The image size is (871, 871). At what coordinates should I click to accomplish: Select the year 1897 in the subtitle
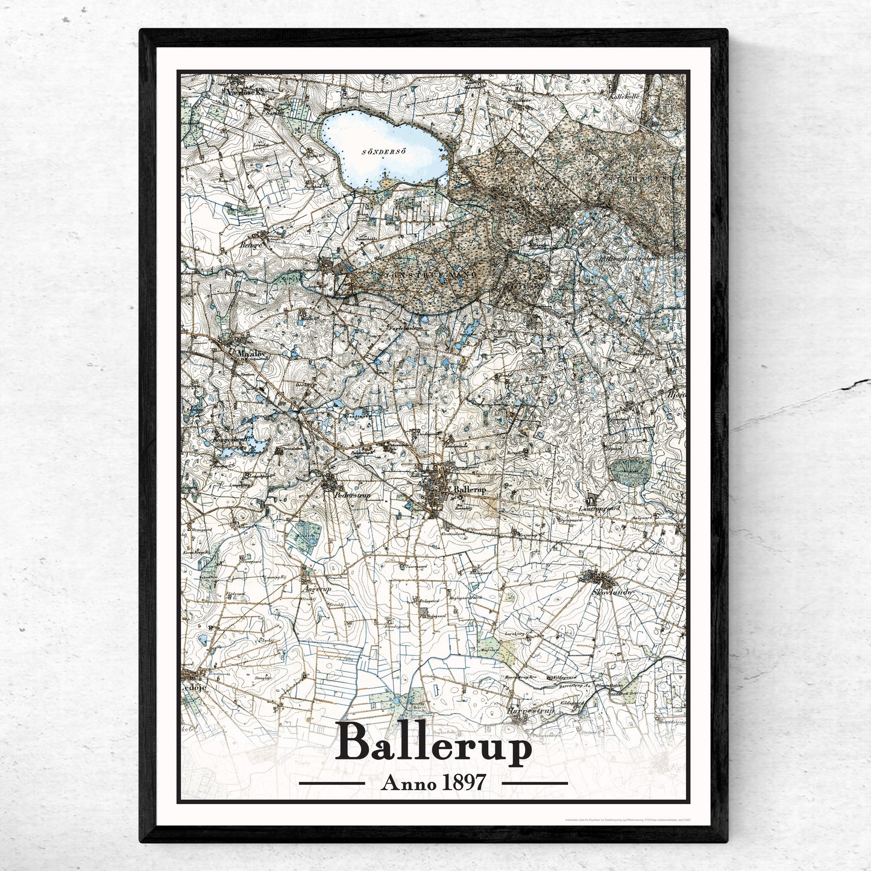coord(462,782)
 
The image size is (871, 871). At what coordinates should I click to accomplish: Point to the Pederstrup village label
coord(351,495)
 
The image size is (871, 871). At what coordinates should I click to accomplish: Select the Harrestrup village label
coord(530,711)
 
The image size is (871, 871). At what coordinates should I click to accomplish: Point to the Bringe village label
coord(251,246)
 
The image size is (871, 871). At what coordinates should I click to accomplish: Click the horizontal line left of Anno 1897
coord(332,783)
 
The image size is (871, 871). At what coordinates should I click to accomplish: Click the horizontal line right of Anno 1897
coord(535,783)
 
